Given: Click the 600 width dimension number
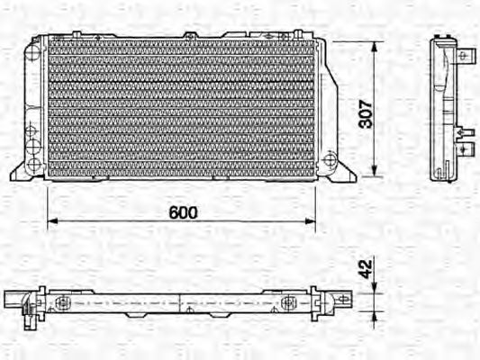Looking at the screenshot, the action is pyautogui.click(x=183, y=212).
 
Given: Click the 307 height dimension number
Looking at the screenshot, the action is pyautogui.click(x=366, y=113).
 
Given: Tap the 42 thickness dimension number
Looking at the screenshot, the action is pyautogui.click(x=366, y=269).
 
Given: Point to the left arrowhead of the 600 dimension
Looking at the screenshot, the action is pyautogui.click(x=52, y=220).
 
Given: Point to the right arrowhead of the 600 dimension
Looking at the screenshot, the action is pyautogui.click(x=311, y=220).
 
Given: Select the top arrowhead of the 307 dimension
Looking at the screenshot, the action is pyautogui.click(x=374, y=47).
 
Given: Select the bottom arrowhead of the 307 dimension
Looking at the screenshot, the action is pyautogui.click(x=374, y=171).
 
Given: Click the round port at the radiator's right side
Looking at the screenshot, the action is pyautogui.click(x=330, y=159).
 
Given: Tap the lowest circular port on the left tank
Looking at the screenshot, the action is pyautogui.click(x=33, y=165).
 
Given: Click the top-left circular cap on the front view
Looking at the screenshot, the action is pyautogui.click(x=32, y=53).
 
